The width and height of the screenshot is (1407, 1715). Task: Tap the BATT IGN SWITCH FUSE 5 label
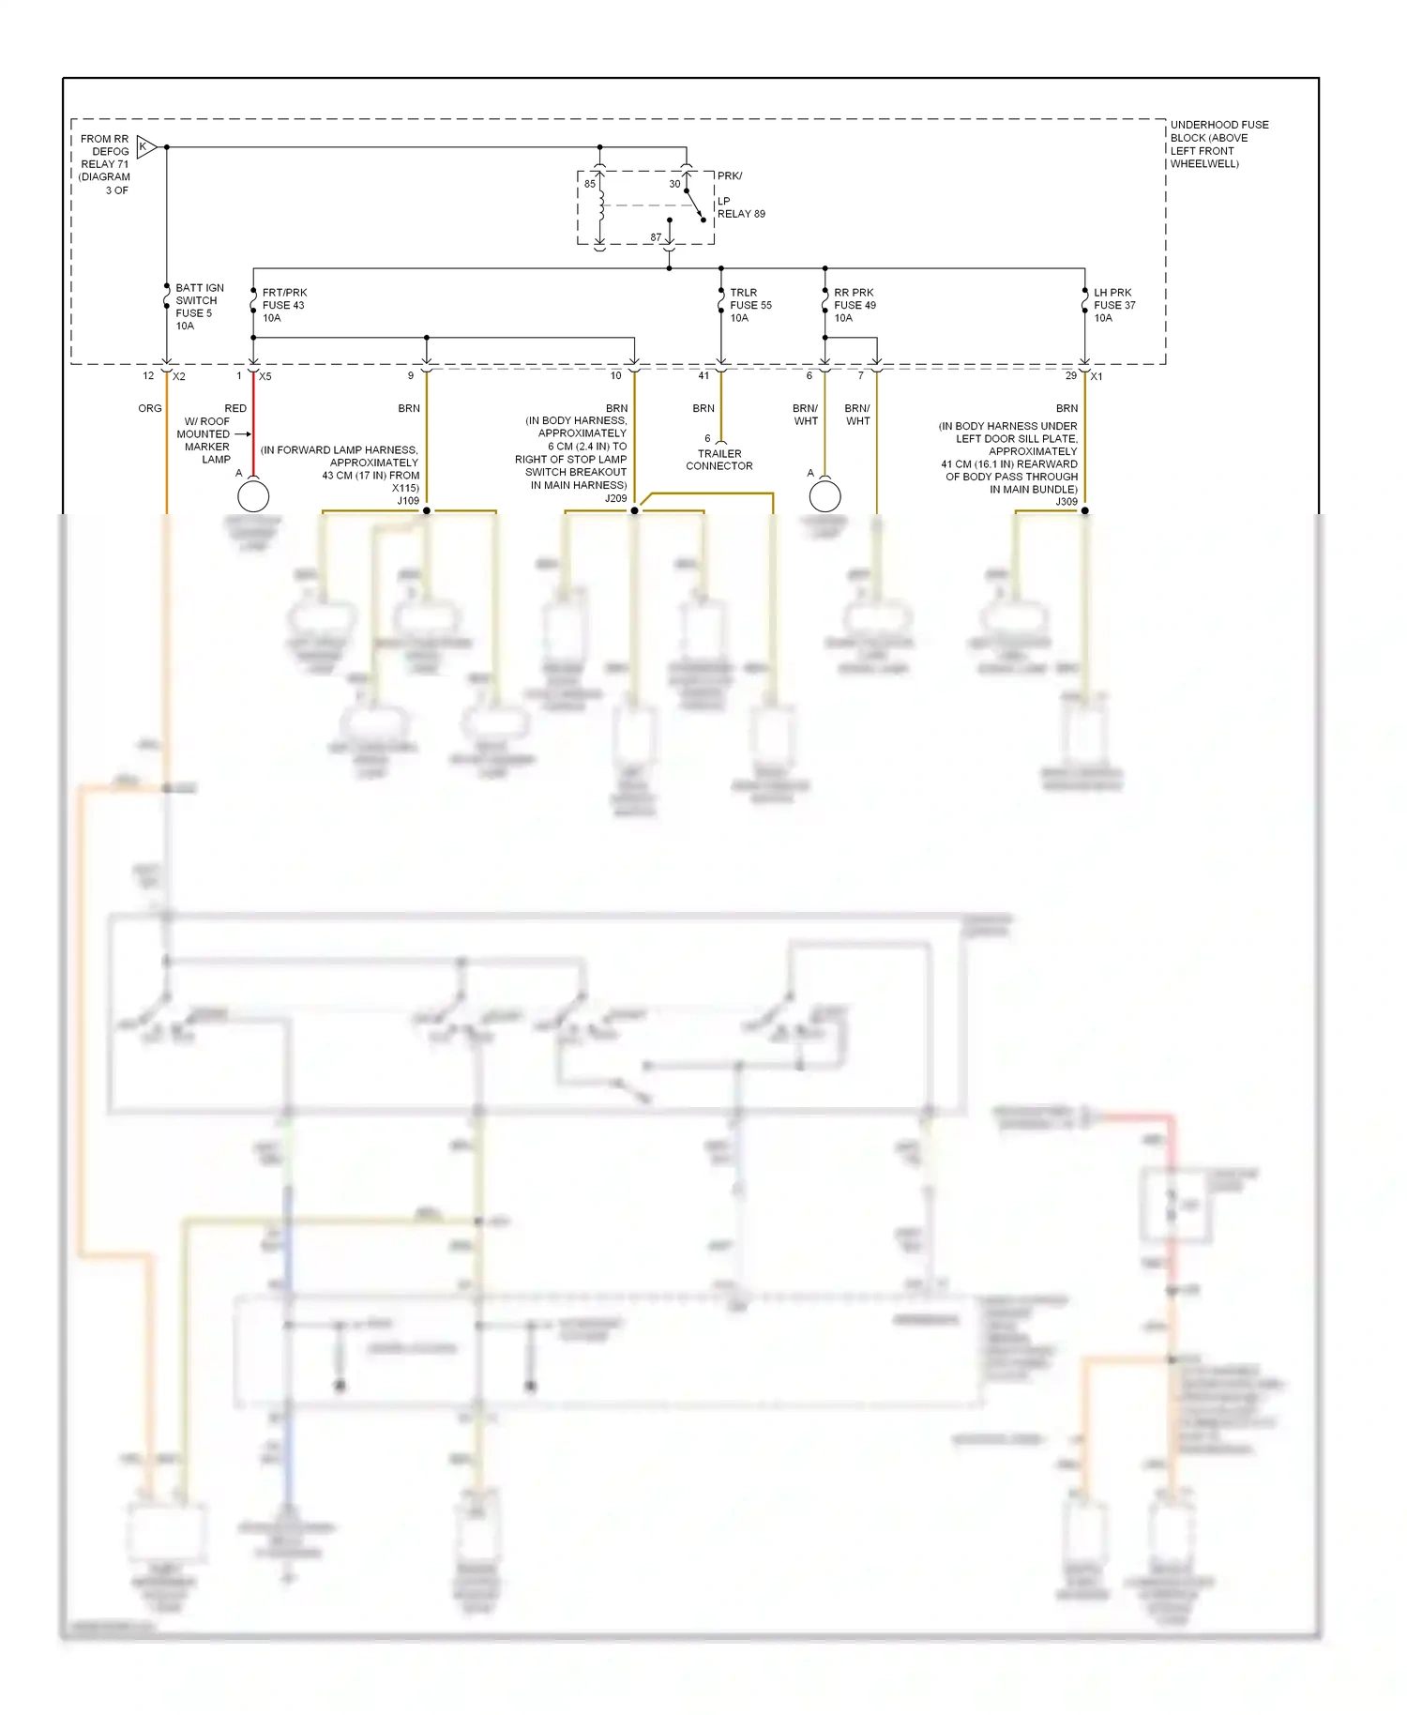[x=199, y=307]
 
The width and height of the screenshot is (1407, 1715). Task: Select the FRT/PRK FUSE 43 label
[x=283, y=305]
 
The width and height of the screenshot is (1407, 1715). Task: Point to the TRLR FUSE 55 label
[x=749, y=305]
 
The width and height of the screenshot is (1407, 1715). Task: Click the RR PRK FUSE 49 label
[x=854, y=305]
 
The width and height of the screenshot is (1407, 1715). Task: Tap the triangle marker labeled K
[x=145, y=146]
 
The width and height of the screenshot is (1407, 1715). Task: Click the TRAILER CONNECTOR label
[x=719, y=460]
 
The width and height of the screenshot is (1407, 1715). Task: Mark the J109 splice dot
[x=427, y=510]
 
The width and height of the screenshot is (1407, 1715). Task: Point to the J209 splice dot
[x=634, y=510]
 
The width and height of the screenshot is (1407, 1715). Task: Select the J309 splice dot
[x=1085, y=510]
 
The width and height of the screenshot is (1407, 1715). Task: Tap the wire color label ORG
[x=150, y=408]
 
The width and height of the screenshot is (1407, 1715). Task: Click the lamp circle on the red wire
[x=253, y=495]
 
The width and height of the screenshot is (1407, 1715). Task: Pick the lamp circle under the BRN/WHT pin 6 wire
[x=825, y=495]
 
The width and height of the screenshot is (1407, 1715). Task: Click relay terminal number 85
[x=590, y=184]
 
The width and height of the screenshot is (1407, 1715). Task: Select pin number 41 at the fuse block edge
[x=703, y=375]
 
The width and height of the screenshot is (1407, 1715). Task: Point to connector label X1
[x=1097, y=376]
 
